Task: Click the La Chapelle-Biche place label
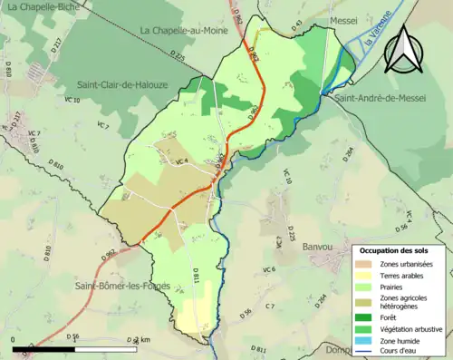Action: pos(43,8)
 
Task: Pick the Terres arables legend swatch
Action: pos(367,275)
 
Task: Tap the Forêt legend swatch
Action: pos(367,317)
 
